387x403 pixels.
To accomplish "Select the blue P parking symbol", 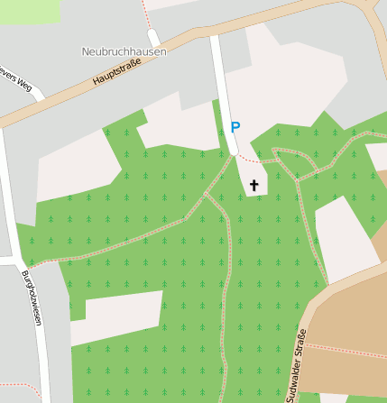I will [235, 129].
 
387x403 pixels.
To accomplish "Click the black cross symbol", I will [254, 187].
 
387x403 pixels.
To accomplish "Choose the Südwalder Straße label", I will [297, 365].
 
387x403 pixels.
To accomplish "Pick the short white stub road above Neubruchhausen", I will [153, 37].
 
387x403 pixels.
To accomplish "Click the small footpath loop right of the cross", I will [294, 162].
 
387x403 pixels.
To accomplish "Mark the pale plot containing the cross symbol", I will [253, 176].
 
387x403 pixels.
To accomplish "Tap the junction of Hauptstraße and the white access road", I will [215, 36].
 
